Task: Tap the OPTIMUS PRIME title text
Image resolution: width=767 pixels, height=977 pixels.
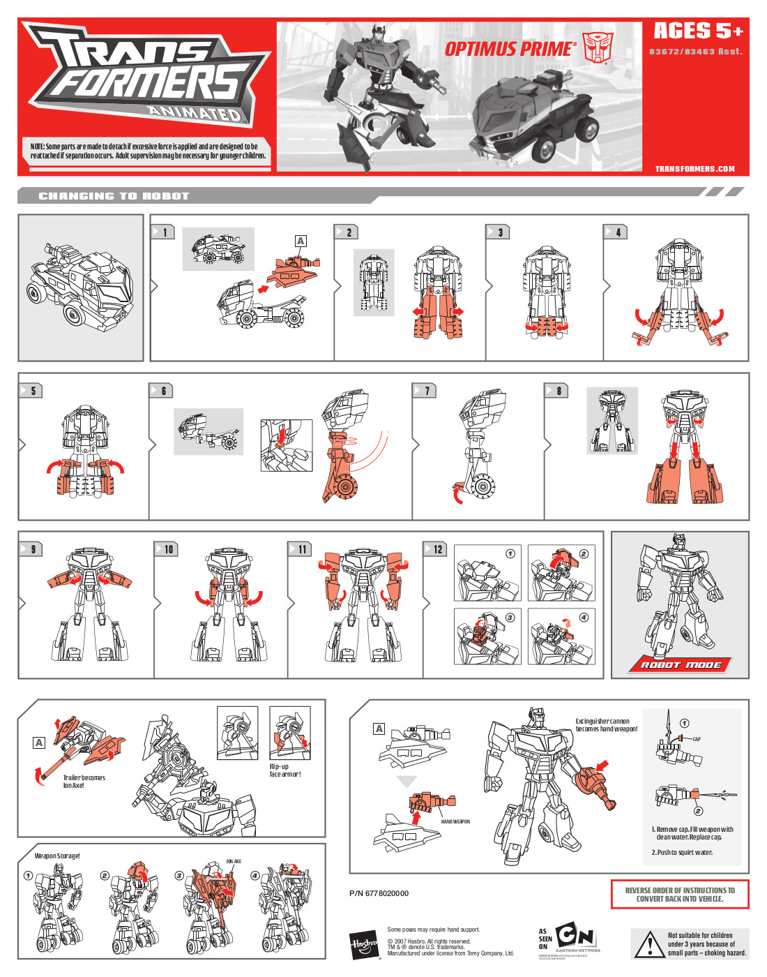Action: pyautogui.click(x=510, y=49)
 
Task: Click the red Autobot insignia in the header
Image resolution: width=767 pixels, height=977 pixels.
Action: pyautogui.click(x=598, y=47)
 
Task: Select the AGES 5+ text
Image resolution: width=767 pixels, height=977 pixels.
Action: pyautogui.click(x=698, y=31)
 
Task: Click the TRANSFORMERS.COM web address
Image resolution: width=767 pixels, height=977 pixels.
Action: pyautogui.click(x=694, y=169)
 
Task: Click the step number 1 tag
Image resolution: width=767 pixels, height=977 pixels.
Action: pyautogui.click(x=163, y=232)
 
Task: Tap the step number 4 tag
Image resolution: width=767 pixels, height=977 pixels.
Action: pyautogui.click(x=616, y=232)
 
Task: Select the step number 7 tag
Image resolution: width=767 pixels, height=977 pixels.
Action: pyautogui.click(x=425, y=391)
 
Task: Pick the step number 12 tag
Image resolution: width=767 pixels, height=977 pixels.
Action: pyautogui.click(x=435, y=549)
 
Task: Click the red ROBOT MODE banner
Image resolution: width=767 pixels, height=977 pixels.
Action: pyautogui.click(x=681, y=664)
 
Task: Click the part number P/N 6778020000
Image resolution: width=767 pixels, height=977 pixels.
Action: pyautogui.click(x=379, y=893)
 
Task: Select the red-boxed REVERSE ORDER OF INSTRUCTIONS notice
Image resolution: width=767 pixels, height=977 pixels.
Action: pyautogui.click(x=680, y=895)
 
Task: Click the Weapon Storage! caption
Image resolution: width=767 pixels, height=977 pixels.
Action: pyautogui.click(x=57, y=856)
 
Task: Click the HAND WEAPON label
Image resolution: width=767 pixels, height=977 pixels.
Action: pyautogui.click(x=455, y=821)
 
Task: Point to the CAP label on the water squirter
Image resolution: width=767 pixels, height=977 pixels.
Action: pyautogui.click(x=696, y=739)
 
